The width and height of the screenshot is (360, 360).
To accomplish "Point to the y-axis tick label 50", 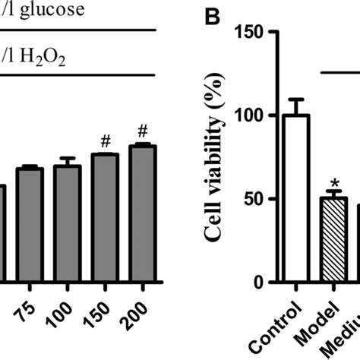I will click(x=251, y=200).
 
